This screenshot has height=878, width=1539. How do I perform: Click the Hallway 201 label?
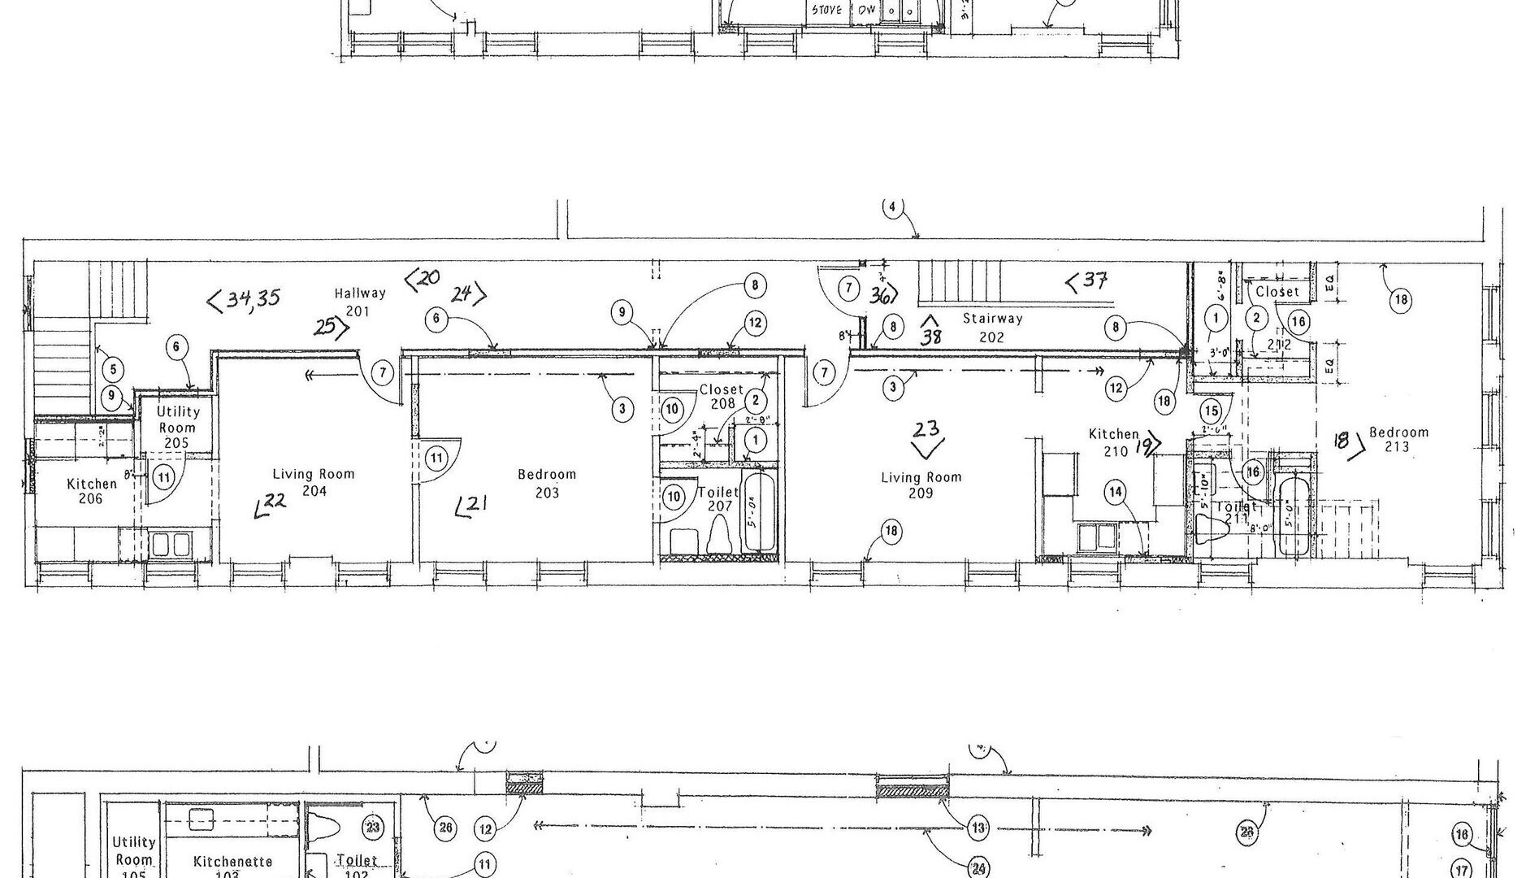359,302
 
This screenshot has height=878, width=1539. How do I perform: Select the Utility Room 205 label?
177,427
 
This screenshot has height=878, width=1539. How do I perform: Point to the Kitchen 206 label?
91,491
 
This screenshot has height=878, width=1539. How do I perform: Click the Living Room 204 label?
314,482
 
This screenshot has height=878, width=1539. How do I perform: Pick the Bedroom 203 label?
547,483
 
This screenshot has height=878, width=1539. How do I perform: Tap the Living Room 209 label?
921,485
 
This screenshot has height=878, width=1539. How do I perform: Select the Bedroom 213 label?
1398,440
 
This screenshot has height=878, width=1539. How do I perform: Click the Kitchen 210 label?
1115,442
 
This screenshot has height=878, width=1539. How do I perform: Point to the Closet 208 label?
721,396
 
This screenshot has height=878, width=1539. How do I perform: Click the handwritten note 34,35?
245,300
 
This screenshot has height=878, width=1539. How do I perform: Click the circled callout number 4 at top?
892,206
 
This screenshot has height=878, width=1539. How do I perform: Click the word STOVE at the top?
827,11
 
